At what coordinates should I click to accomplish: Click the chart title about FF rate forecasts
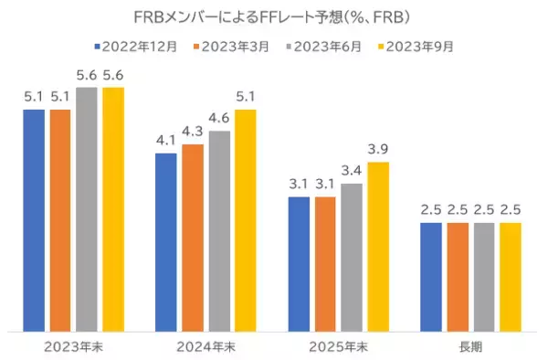274,16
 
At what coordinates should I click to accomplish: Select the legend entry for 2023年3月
234,44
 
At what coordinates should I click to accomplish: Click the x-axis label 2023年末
73,346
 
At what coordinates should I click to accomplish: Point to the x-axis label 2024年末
206,346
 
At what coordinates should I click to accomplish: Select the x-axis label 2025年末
339,346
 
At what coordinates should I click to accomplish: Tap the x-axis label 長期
471,346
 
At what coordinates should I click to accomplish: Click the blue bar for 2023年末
34,219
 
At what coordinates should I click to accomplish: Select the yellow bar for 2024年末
246,219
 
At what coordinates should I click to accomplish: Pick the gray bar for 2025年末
352,257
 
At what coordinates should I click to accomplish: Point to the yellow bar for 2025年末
378,246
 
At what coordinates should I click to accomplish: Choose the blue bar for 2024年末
166,241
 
